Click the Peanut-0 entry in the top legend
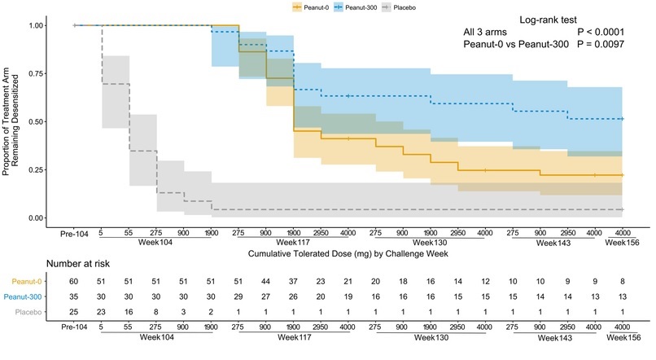[x=316, y=7]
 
